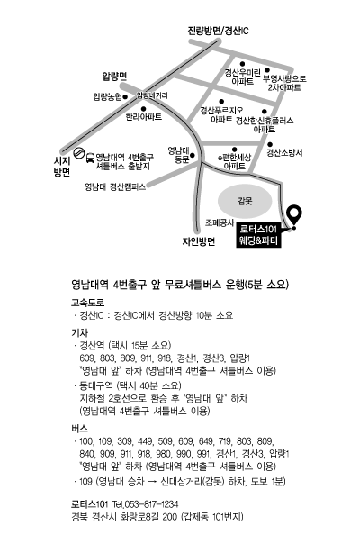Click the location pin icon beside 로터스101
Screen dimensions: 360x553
pyautogui.click(x=294, y=215)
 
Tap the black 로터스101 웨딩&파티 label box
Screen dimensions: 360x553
pyautogui.click(x=259, y=235)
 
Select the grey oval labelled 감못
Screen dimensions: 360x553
pyautogui.click(x=245, y=202)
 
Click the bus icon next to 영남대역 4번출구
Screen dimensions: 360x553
pyautogui.click(x=90, y=158)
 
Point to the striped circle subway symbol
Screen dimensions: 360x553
pyautogui.click(x=78, y=153)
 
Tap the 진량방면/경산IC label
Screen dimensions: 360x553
pyautogui.click(x=219, y=31)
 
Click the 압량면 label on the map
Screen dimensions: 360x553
pyautogui.click(x=114, y=77)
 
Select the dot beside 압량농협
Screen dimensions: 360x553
pyautogui.click(x=125, y=96)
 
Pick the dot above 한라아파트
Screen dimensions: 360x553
pyautogui.click(x=143, y=109)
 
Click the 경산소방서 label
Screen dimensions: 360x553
pyautogui.click(x=285, y=153)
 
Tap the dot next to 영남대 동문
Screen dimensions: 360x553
pyautogui.click(x=193, y=155)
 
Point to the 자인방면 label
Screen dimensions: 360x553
pyautogui.click(x=199, y=241)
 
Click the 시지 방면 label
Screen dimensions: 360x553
pyautogui.click(x=62, y=166)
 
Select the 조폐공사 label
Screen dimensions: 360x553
pyautogui.click(x=220, y=222)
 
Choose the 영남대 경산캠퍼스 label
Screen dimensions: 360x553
pyautogui.click(x=115, y=186)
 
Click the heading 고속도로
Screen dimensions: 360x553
pyautogui.click(x=88, y=303)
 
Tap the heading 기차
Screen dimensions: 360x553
pyautogui.click(x=80, y=332)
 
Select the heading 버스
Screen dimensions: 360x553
pyautogui.click(x=80, y=429)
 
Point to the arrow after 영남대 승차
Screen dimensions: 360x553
pyautogui.click(x=153, y=482)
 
